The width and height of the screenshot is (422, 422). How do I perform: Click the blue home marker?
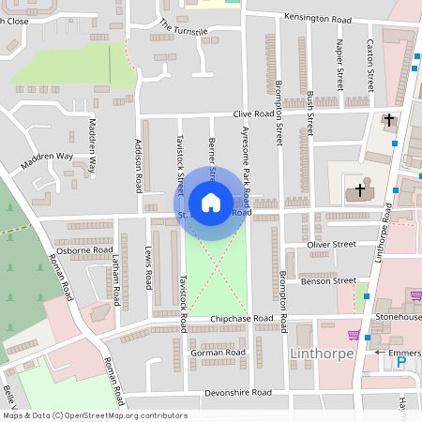(x=211, y=203)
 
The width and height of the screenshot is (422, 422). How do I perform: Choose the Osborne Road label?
(x=85, y=250)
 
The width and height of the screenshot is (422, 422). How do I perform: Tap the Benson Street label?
(x=329, y=280)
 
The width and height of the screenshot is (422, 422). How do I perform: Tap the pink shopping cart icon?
(x=354, y=335)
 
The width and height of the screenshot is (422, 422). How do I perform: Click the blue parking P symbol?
(x=401, y=362)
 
